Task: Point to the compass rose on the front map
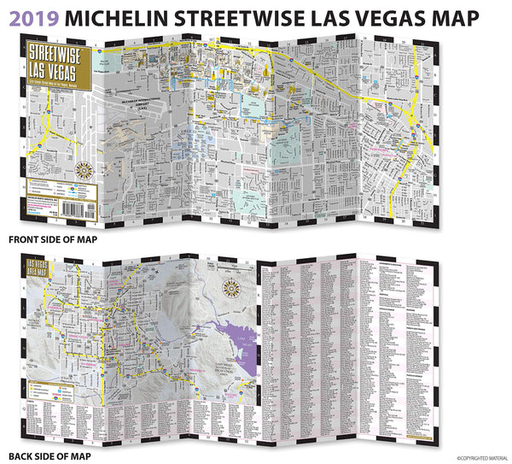[83, 168]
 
